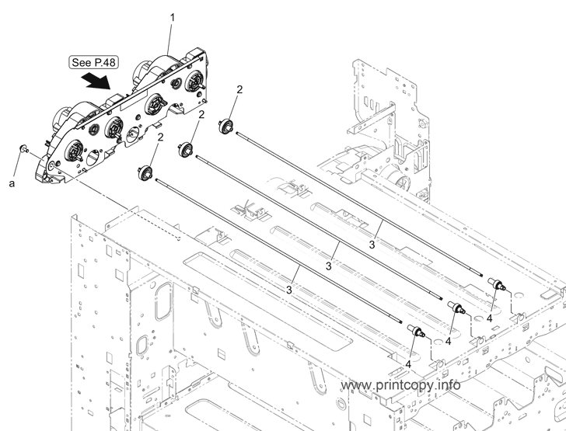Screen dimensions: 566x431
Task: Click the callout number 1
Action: pos(173,17)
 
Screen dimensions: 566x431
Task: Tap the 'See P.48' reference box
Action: pos(93,62)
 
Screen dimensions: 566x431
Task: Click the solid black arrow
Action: pos(96,81)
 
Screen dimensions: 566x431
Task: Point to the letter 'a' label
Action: pos(12,183)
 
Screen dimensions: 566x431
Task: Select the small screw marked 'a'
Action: pos(24,148)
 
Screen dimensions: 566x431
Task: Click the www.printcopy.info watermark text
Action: pos(400,385)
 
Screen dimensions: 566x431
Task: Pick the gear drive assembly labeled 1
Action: pos(123,116)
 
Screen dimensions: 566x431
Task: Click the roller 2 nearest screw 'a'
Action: pos(145,172)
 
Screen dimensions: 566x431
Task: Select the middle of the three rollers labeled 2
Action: pos(187,149)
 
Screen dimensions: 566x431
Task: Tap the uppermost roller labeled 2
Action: pos(226,127)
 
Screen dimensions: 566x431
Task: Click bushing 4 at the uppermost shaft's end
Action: pos(497,284)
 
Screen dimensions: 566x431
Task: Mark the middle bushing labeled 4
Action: pos(456,308)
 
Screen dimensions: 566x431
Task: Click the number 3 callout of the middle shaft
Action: pos(328,266)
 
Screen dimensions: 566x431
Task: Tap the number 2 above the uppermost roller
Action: pos(239,90)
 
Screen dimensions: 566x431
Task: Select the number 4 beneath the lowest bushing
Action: pos(408,364)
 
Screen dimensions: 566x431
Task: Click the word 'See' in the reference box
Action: pos(82,62)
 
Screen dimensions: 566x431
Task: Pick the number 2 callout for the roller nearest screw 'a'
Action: pos(160,137)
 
